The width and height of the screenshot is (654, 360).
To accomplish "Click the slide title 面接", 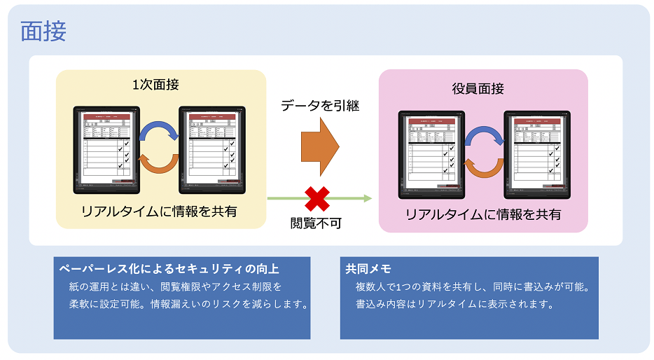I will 43,31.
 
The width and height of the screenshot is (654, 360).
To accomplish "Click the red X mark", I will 317,198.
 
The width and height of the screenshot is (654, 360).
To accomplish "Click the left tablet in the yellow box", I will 107,150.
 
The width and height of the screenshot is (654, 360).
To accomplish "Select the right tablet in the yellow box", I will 212,150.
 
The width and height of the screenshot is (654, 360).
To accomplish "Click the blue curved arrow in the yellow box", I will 160,132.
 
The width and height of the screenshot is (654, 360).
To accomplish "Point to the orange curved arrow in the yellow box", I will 160,164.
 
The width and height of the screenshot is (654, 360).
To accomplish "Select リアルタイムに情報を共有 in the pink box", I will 483,214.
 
